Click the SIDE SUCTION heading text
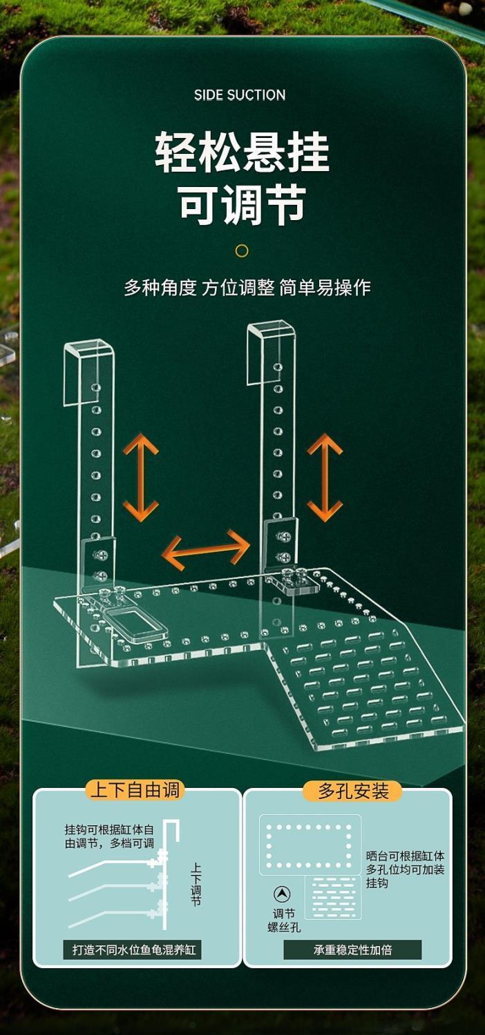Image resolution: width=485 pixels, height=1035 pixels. [240, 95]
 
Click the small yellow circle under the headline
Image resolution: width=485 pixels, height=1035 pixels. [242, 251]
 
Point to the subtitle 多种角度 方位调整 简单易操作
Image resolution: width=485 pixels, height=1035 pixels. [247, 288]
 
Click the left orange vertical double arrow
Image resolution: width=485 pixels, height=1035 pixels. [141, 477]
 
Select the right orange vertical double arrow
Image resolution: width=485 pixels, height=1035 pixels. [325, 477]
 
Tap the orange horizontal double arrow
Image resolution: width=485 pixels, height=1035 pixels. [206, 550]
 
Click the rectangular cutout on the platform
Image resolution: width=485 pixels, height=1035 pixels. [136, 622]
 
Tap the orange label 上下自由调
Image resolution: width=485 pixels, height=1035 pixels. [135, 790]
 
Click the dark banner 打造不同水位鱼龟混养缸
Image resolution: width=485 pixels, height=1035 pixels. [135, 949]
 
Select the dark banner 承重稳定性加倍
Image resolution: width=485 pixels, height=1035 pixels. [352, 949]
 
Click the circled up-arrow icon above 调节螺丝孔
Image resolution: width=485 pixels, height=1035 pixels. [282, 894]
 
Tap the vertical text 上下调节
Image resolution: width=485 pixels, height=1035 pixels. [196, 885]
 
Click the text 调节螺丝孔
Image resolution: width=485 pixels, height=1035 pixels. [284, 920]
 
